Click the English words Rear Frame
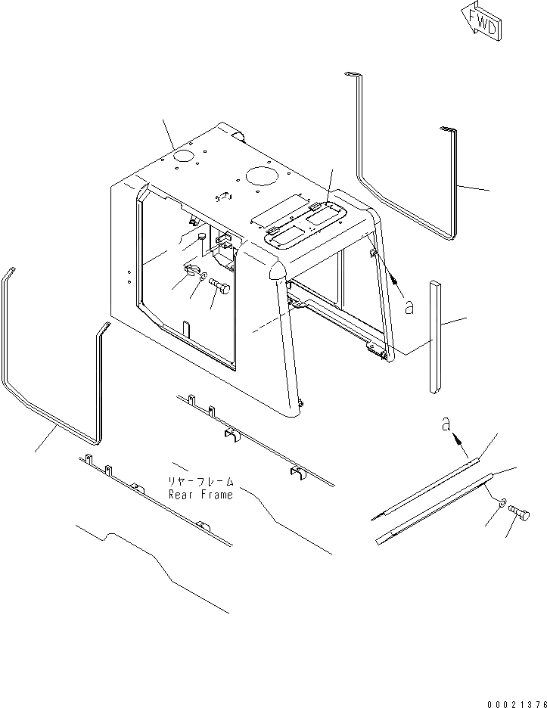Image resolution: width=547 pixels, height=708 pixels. (201, 495)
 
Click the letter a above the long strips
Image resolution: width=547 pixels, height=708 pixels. (446, 427)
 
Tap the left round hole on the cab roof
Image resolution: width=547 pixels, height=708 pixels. (182, 157)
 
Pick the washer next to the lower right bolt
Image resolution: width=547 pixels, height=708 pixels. (503, 501)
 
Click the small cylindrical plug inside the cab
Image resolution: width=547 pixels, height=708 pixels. (202, 238)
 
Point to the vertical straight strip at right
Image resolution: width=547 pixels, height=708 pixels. (434, 337)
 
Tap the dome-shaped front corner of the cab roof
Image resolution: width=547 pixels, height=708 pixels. (275, 269)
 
